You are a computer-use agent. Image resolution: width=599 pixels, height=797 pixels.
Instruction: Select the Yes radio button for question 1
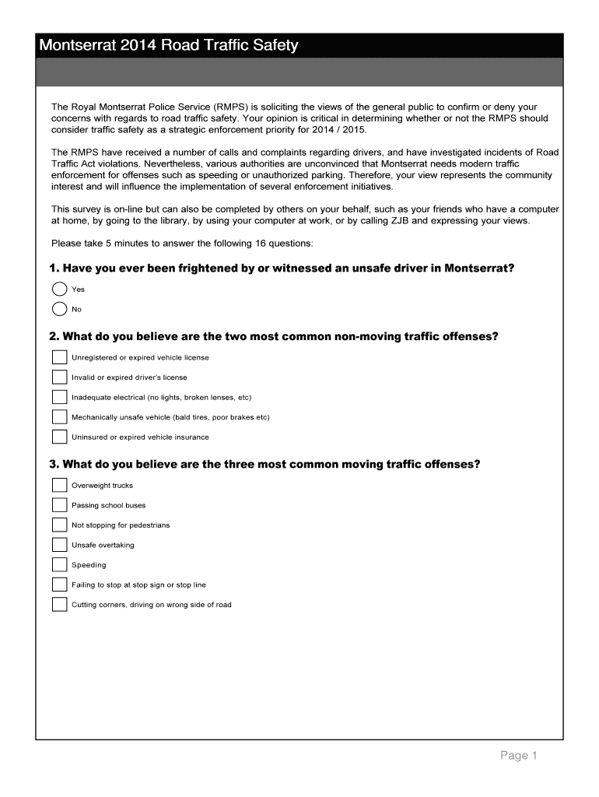pyautogui.click(x=60, y=290)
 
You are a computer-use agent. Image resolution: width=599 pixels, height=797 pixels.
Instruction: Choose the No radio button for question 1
pyautogui.click(x=60, y=309)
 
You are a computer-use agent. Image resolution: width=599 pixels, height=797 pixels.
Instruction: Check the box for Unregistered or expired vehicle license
pyautogui.click(x=60, y=357)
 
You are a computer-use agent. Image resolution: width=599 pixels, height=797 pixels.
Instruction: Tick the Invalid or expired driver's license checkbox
pyautogui.click(x=60, y=377)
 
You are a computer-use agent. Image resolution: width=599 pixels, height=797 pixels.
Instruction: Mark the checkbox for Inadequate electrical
pyautogui.click(x=60, y=397)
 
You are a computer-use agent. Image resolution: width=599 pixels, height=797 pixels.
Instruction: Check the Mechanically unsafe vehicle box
pyautogui.click(x=60, y=417)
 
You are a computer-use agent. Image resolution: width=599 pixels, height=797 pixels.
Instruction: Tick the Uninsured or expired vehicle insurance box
pyautogui.click(x=60, y=437)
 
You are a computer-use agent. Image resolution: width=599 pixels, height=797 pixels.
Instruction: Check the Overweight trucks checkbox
pyautogui.click(x=60, y=485)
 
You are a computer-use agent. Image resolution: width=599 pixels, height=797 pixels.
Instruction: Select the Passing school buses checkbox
pyautogui.click(x=60, y=505)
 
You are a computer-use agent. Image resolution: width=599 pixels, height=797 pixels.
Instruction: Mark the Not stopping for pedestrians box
pyautogui.click(x=60, y=525)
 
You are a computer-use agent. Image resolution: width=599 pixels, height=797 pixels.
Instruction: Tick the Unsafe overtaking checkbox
pyautogui.click(x=60, y=545)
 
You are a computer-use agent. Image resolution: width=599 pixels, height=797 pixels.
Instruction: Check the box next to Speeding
pyautogui.click(x=60, y=564)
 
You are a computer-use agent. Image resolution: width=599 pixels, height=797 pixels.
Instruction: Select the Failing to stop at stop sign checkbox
pyautogui.click(x=60, y=585)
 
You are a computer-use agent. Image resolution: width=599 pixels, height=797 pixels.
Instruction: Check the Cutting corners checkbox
pyautogui.click(x=60, y=605)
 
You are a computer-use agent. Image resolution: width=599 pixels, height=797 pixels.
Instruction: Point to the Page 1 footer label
pyautogui.click(x=519, y=756)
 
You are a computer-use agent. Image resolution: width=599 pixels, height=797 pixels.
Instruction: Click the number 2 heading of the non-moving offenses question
pyautogui.click(x=53, y=337)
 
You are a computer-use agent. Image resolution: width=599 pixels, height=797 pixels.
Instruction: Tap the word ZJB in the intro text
pyautogui.click(x=422, y=220)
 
